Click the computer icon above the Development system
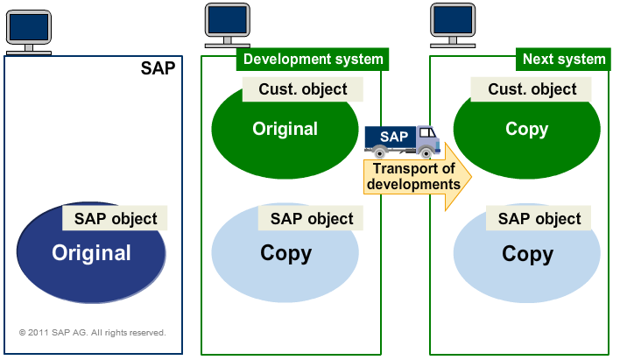tap(225, 26)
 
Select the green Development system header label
tap(313, 60)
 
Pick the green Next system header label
tap(563, 60)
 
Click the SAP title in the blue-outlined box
tap(158, 69)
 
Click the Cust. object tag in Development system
tap(302, 89)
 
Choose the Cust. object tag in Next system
tap(532, 89)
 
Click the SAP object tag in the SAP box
tap(116, 219)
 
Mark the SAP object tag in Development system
tap(312, 219)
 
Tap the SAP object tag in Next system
tap(539, 219)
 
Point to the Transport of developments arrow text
tap(413, 177)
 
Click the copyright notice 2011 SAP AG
tap(92, 333)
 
